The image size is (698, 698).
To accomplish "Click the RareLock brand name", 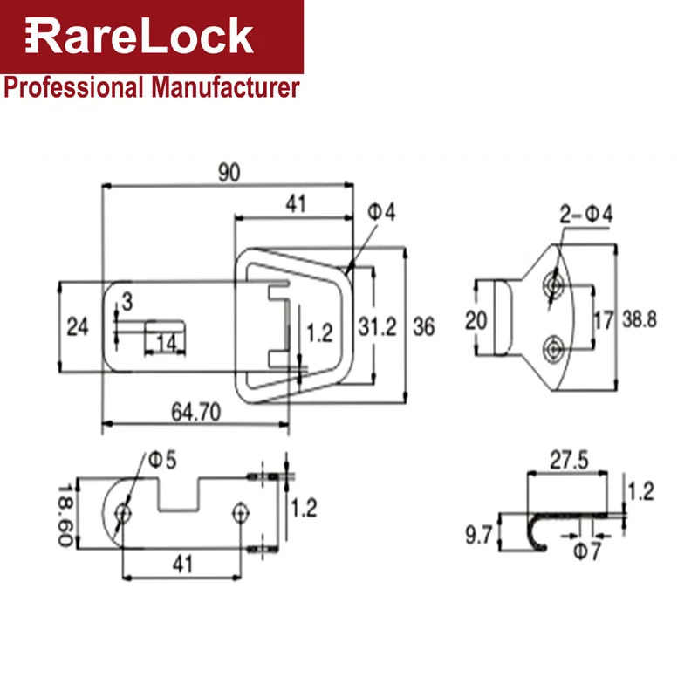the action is pyautogui.click(x=140, y=36).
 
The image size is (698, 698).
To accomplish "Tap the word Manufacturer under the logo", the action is pyautogui.click(x=225, y=87).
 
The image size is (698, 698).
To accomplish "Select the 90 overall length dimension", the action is pyautogui.click(x=229, y=172).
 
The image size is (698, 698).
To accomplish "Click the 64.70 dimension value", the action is pyautogui.click(x=195, y=412).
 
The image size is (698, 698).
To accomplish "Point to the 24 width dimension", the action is pyautogui.click(x=78, y=326).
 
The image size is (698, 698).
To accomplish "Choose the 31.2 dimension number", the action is pyautogui.click(x=377, y=327).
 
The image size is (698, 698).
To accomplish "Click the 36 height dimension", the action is pyautogui.click(x=424, y=327).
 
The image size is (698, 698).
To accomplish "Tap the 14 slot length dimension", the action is pyautogui.click(x=166, y=344).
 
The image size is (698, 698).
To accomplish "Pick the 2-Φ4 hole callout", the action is pyautogui.click(x=585, y=215).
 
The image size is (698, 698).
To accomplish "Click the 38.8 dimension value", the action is pyautogui.click(x=640, y=319).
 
